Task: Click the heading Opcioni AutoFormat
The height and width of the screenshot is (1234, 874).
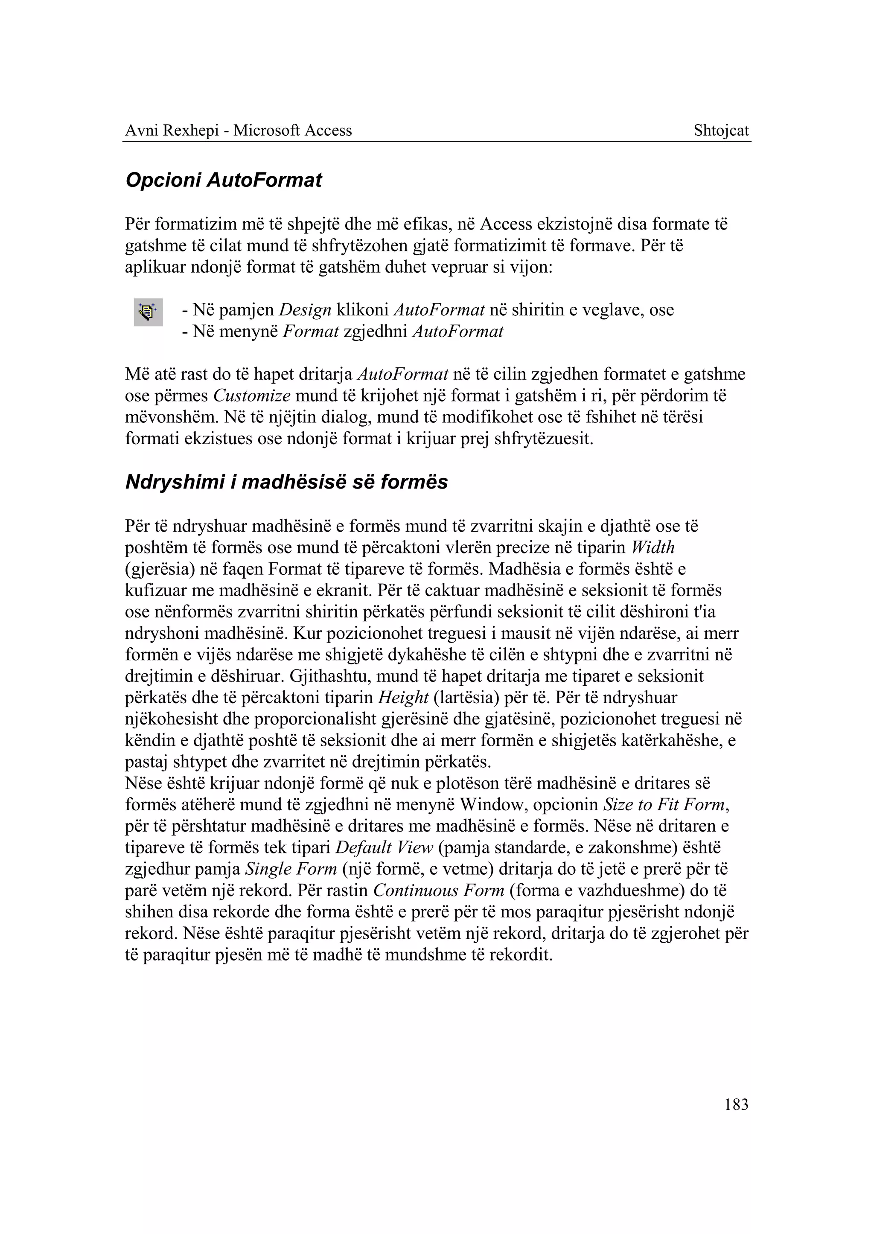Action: coord(223,180)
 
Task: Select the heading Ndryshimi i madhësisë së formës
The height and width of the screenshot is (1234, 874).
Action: coord(286,482)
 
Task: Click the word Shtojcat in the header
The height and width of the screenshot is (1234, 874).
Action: coord(721,131)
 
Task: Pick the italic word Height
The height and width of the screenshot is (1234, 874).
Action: coord(403,698)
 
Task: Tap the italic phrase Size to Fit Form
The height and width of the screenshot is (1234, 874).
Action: coord(664,805)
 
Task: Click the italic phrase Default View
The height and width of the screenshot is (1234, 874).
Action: coord(384,848)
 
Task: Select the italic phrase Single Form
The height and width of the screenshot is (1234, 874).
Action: coord(291,870)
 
